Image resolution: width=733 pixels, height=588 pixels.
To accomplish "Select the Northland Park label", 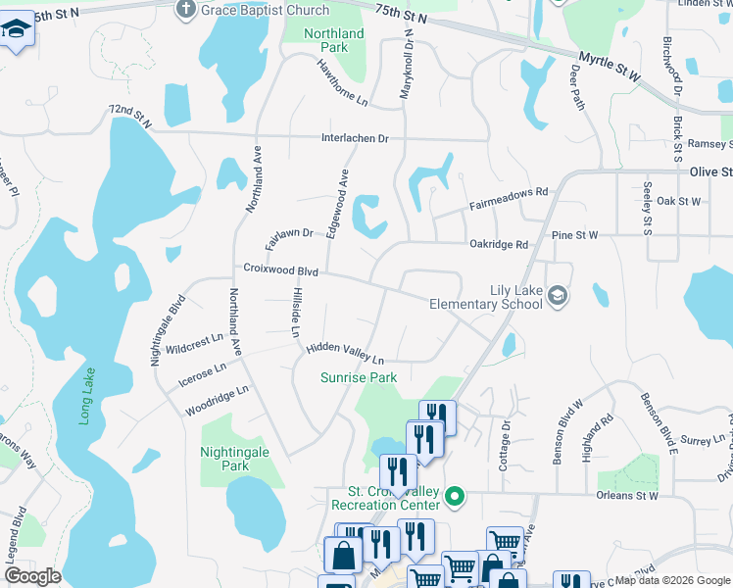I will point(334,40).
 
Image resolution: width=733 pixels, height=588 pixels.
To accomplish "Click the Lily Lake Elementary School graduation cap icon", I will point(558,295).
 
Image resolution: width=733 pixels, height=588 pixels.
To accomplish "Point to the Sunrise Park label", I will point(360,377).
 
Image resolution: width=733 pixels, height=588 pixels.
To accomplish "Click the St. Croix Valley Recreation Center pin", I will point(453,498).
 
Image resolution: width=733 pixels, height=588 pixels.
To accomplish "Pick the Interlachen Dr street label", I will point(355,138).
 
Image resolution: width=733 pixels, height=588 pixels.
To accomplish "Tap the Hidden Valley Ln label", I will point(344,354).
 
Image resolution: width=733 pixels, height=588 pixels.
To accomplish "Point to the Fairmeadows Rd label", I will point(508,201).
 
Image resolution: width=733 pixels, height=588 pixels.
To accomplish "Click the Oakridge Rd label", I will point(498,244).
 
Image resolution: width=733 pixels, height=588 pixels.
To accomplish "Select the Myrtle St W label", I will point(609,67).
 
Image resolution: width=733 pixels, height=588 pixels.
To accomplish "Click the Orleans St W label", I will point(627,496).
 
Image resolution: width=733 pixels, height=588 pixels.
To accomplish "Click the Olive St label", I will point(710,171).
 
